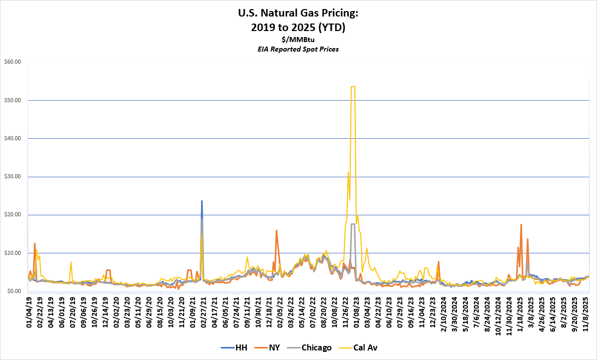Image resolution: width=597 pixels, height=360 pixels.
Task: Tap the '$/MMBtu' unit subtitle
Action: pyautogui.click(x=298, y=40)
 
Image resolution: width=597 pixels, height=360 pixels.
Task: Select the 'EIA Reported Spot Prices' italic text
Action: pyautogui.click(x=298, y=49)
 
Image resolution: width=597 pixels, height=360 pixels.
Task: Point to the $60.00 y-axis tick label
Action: pyautogui.click(x=12, y=62)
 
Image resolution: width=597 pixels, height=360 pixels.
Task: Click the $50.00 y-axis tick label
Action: pyautogui.click(x=12, y=100)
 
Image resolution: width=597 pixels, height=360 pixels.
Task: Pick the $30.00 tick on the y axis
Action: pyautogui.click(x=12, y=177)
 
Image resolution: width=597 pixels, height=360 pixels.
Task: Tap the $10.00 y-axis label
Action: pyautogui.click(x=12, y=253)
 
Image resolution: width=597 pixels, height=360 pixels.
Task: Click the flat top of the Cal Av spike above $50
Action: pyautogui.click(x=353, y=87)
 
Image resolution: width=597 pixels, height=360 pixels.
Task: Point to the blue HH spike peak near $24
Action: pyautogui.click(x=202, y=201)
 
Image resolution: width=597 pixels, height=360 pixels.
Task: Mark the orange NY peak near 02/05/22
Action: pyautogui.click(x=276, y=230)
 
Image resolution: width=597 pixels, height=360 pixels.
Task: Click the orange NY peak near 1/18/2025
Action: pyautogui.click(x=521, y=224)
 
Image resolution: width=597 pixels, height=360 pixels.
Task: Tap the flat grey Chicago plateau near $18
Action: pyautogui.click(x=353, y=224)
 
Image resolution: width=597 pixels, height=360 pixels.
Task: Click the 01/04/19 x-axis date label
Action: pyautogui.click(x=30, y=309)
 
